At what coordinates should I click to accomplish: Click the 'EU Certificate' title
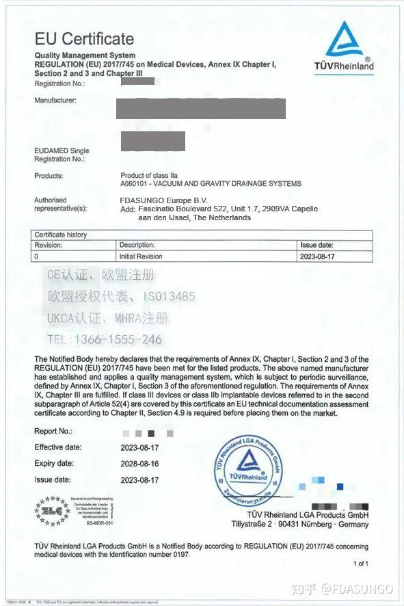click(84, 38)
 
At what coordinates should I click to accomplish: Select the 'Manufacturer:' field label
click(55, 100)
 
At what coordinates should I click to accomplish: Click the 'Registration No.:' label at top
click(59, 83)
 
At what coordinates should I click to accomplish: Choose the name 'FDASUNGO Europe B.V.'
click(159, 200)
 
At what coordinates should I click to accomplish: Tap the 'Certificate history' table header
click(61, 235)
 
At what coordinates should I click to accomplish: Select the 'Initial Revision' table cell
click(141, 256)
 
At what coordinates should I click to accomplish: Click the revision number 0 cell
click(37, 256)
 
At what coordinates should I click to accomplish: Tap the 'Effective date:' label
click(58, 447)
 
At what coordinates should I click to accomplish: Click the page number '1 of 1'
click(360, 564)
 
